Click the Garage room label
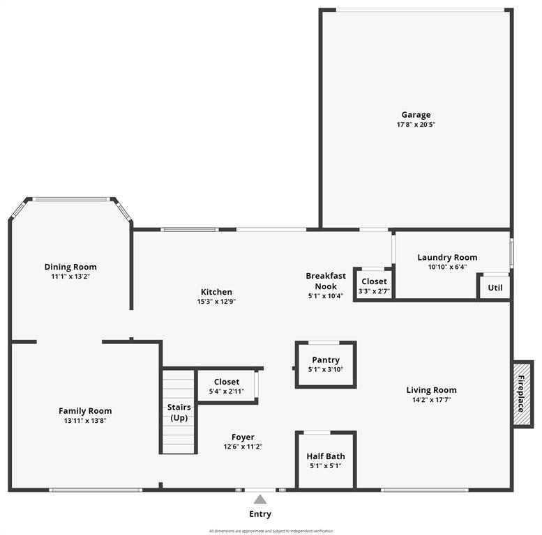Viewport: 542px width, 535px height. pyautogui.click(x=416, y=115)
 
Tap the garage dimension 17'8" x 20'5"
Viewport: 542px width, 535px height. pyautogui.click(x=416, y=125)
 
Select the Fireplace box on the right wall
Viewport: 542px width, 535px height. pyautogui.click(x=522, y=394)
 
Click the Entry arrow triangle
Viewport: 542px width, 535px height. pyautogui.click(x=260, y=499)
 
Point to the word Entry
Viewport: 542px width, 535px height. pyautogui.click(x=260, y=514)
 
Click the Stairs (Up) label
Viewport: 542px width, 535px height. pyautogui.click(x=179, y=412)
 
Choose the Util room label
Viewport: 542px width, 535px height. pyautogui.click(x=495, y=288)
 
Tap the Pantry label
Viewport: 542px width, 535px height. pyautogui.click(x=326, y=360)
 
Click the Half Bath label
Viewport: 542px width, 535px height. pyautogui.click(x=326, y=457)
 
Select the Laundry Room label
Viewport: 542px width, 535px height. pyautogui.click(x=447, y=257)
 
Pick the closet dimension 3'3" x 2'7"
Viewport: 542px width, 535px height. pyautogui.click(x=374, y=291)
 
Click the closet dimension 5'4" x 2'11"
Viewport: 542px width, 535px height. pyautogui.click(x=227, y=391)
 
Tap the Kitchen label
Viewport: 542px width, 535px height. pyautogui.click(x=216, y=292)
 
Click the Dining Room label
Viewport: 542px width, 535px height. pyautogui.click(x=70, y=267)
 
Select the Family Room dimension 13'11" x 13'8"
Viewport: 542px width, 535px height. pyautogui.click(x=85, y=420)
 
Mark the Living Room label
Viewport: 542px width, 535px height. pyautogui.click(x=431, y=390)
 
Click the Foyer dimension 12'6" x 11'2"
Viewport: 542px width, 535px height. pyautogui.click(x=243, y=447)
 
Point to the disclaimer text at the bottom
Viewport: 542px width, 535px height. pyautogui.click(x=271, y=530)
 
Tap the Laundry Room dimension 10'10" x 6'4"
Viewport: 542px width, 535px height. pyautogui.click(x=447, y=266)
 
